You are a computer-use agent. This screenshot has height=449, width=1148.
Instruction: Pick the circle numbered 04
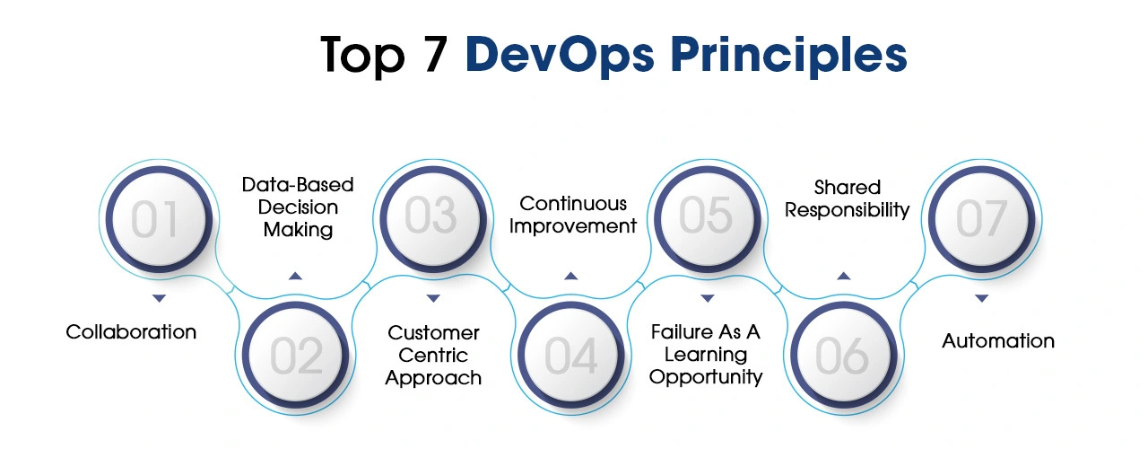point(570,356)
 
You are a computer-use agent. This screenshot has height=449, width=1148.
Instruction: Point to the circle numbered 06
point(843,356)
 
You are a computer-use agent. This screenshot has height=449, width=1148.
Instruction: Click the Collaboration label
point(131,331)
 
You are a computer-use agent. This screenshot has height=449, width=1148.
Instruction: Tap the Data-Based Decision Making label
point(298,207)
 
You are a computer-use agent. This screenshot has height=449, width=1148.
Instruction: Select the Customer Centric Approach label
point(433,355)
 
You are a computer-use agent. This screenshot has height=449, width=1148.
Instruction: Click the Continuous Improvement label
point(572,215)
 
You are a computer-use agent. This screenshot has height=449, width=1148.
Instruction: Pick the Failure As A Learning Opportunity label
point(706,355)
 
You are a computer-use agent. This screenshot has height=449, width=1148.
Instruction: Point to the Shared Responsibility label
point(848,198)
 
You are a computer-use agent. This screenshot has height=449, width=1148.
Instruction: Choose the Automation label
point(997,340)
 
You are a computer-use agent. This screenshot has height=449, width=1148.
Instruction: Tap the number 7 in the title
point(437,55)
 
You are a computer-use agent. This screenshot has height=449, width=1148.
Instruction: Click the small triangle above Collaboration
point(159,296)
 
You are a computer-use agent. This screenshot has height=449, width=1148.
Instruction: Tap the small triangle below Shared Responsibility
point(844,276)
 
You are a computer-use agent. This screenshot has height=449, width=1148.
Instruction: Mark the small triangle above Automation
point(981,297)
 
